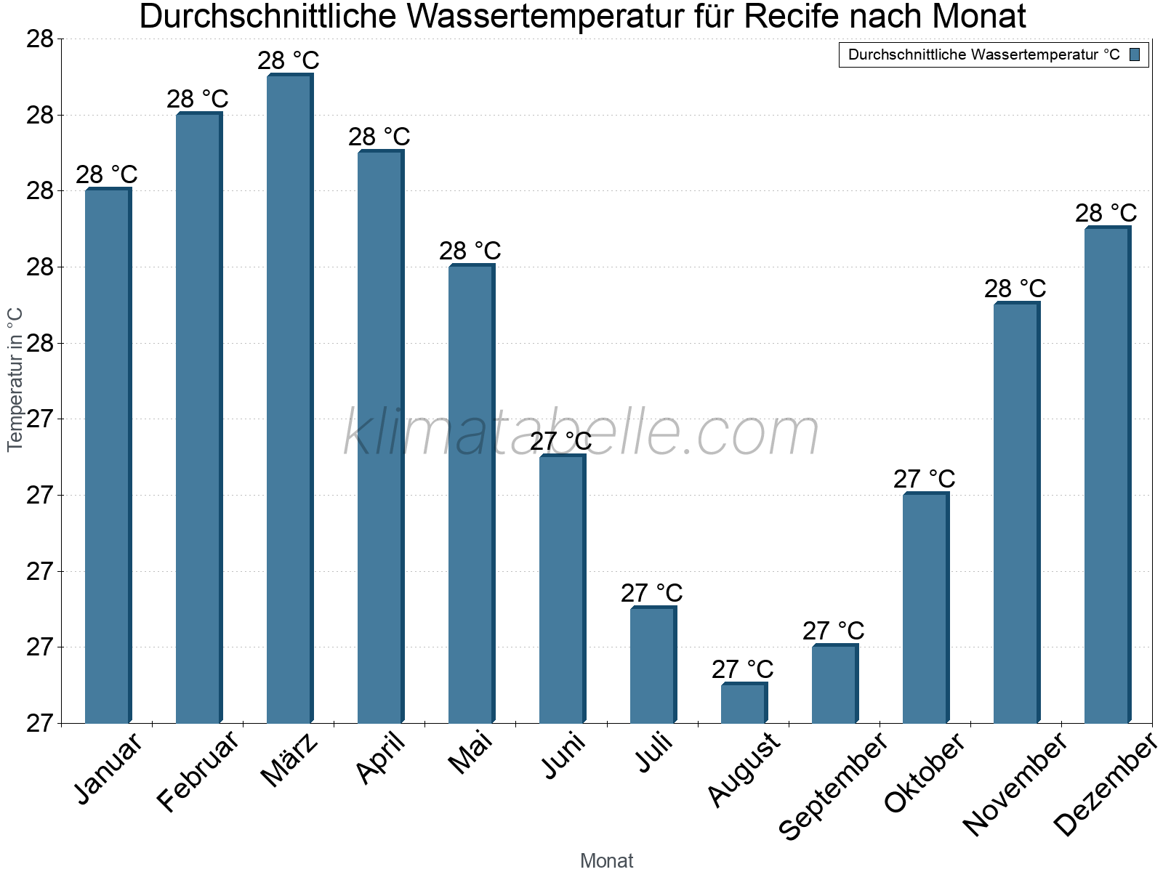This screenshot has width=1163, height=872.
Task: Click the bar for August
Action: [x=744, y=703]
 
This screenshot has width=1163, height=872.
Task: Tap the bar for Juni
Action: [x=562, y=589]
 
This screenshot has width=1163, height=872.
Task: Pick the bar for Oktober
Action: [x=925, y=608]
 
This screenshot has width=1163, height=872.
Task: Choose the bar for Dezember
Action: [x=1107, y=475]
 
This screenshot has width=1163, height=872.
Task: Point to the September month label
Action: [x=833, y=786]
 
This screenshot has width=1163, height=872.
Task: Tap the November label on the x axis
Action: [x=1015, y=784]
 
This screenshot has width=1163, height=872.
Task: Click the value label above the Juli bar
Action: [x=652, y=593]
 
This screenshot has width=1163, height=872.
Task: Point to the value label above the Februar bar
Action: [x=198, y=99]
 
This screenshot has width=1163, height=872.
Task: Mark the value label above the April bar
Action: [x=379, y=137]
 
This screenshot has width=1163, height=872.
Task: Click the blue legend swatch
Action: [x=1135, y=54]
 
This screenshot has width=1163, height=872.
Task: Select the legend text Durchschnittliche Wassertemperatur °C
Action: [x=983, y=54]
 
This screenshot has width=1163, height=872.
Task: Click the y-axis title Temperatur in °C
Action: [x=15, y=379]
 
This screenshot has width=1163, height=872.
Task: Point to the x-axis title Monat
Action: [x=607, y=861]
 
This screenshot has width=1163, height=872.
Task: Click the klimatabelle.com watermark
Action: [x=581, y=433]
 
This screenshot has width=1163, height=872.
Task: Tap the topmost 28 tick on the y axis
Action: [x=41, y=39]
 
